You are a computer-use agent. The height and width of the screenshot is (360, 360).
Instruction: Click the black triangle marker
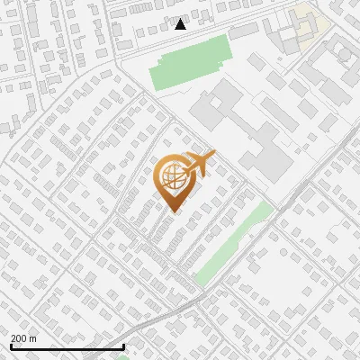pyautogui.click(x=181, y=24)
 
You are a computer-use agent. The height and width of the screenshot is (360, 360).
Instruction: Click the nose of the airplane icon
pyautogui.click(x=213, y=154)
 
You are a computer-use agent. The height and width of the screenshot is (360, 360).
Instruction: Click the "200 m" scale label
pyautogui.click(x=24, y=338)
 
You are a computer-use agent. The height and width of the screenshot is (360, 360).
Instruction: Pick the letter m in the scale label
pyautogui.click(x=33, y=338)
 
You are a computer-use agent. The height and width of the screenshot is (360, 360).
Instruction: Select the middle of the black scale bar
pyautogui.click(x=67, y=346)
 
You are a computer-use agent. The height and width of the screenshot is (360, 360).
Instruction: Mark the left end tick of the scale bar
pyautogui.click(x=11, y=346)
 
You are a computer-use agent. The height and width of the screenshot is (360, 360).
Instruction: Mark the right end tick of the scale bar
pyautogui.click(x=123, y=346)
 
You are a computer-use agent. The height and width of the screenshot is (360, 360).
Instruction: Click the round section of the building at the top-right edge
pyautogui.click(x=345, y=54)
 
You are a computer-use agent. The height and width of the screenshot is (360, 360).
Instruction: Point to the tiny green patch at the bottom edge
pyautogui.click(x=123, y=357)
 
